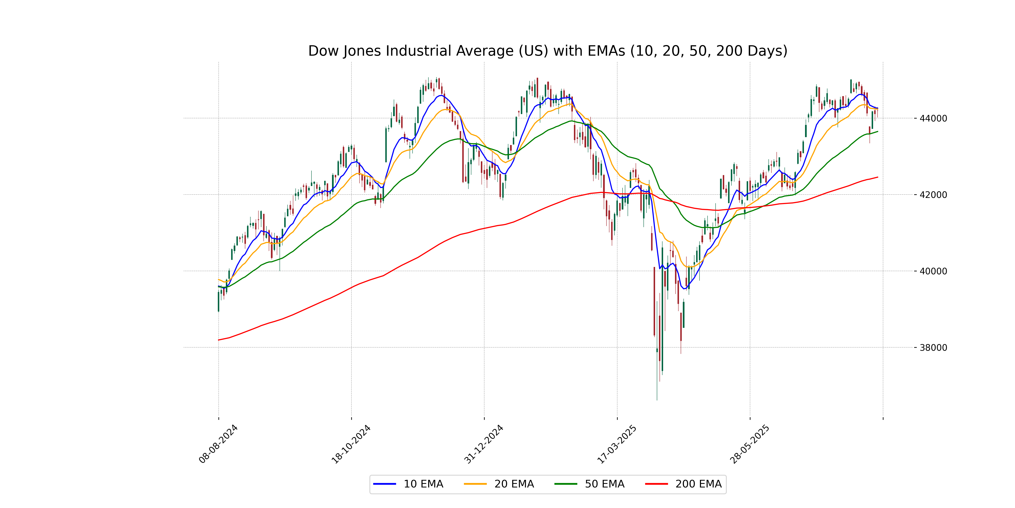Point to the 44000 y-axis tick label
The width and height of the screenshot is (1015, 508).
933,118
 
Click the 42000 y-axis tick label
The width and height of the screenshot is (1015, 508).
933,195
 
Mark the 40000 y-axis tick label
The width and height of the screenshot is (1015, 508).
933,271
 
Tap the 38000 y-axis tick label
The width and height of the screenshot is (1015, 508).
933,348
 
